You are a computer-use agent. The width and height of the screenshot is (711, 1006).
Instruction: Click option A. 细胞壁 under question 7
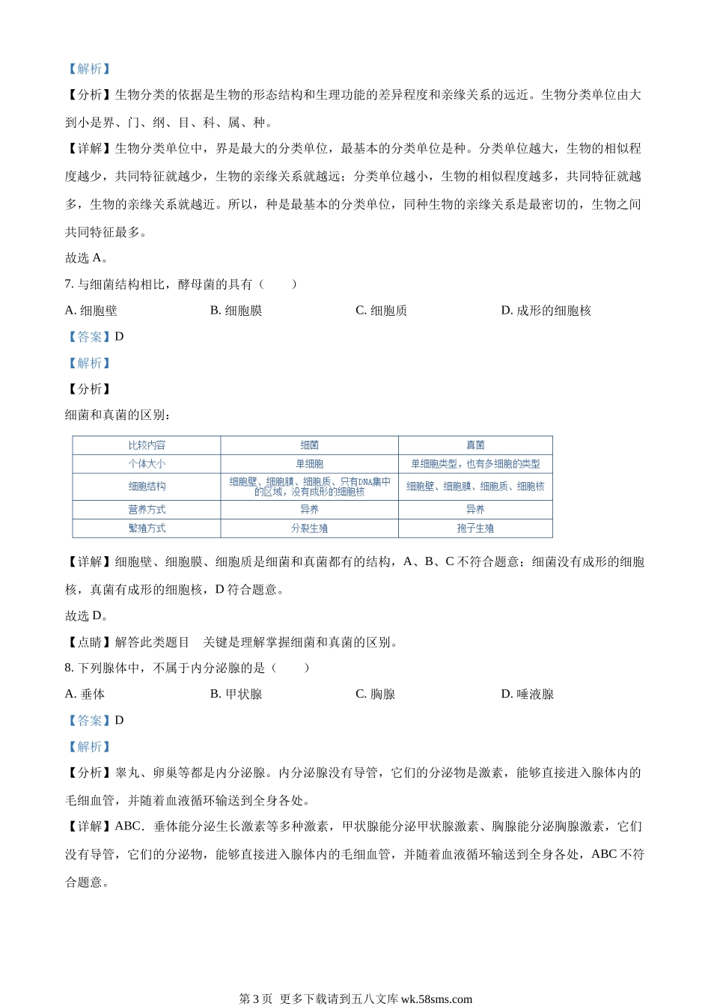(x=91, y=311)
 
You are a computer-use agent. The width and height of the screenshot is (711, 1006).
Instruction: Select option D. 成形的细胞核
(x=546, y=311)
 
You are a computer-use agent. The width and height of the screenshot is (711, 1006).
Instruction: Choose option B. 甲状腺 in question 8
(x=236, y=695)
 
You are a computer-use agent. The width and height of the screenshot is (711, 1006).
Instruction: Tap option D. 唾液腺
(x=527, y=695)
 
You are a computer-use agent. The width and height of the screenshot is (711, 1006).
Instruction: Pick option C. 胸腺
(x=375, y=695)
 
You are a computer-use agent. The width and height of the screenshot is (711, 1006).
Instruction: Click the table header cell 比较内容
(x=147, y=445)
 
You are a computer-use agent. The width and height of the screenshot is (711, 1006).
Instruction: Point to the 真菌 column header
(x=475, y=445)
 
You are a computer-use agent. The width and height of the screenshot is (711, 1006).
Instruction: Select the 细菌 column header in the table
(x=309, y=445)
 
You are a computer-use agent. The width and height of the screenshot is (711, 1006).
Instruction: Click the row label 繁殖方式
(x=147, y=528)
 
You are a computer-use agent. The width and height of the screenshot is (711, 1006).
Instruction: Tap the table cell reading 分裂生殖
(x=309, y=528)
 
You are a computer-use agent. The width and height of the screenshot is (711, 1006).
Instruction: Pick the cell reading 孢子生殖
(x=475, y=528)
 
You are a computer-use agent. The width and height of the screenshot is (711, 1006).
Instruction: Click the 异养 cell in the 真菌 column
(x=475, y=510)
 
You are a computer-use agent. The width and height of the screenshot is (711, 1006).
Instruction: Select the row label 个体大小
(x=147, y=464)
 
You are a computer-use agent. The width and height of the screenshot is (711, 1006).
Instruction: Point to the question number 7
(x=69, y=284)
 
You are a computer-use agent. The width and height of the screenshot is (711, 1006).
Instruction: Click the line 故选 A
(x=87, y=258)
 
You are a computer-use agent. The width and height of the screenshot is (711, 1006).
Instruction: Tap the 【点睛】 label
(x=90, y=642)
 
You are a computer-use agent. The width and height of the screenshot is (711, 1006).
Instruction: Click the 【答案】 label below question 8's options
(x=90, y=721)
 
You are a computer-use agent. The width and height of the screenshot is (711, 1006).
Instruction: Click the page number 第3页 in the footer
(x=256, y=999)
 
